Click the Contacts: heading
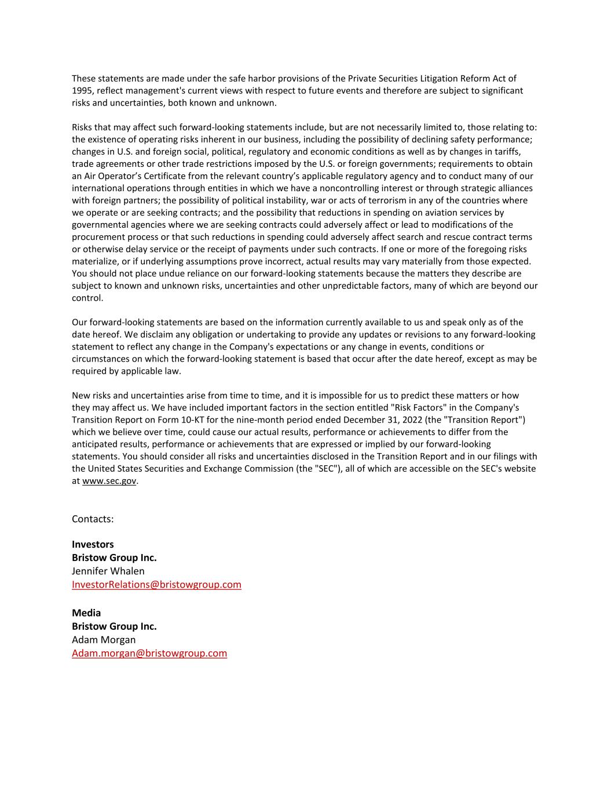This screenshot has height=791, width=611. tap(93, 519)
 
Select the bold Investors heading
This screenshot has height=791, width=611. tap(93, 544)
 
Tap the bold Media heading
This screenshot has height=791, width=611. tap(86, 613)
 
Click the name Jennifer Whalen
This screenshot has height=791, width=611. tap(108, 571)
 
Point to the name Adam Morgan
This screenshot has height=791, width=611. tap(104, 640)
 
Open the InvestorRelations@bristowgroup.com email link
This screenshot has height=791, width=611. tap(156, 585)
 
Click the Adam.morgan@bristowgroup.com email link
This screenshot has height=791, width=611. tap(149, 653)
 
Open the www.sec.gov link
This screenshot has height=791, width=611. tap(109, 481)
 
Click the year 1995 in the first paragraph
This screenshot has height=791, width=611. tap(82, 91)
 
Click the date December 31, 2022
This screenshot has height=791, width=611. tap(383, 420)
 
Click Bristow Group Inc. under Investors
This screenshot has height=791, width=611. tap(114, 557)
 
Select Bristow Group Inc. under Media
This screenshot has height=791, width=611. tap(114, 626)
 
